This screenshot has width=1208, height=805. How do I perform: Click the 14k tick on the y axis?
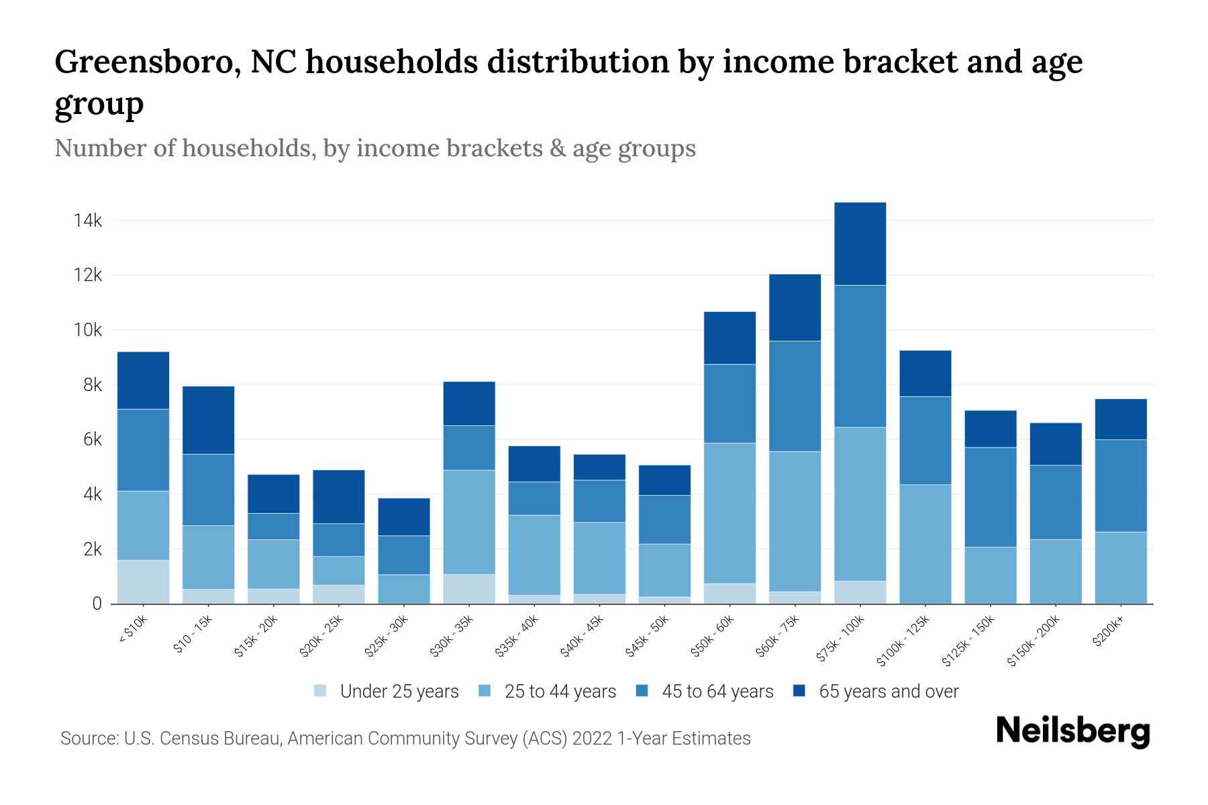point(88,221)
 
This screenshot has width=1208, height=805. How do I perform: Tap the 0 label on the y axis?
point(97,604)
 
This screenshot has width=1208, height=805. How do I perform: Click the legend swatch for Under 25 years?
point(321,690)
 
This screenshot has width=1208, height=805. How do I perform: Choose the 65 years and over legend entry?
point(888,692)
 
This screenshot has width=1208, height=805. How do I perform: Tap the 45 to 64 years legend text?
point(717,692)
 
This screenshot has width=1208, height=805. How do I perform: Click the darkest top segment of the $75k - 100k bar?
point(860,244)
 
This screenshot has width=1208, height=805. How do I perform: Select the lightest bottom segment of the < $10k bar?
point(143,582)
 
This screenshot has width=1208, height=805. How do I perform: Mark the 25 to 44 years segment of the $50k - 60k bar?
point(729,513)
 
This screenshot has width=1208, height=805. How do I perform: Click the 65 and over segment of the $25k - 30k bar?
point(404,517)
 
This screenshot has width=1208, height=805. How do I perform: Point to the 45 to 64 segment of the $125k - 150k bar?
point(990,497)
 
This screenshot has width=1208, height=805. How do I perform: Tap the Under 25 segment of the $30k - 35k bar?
point(469,588)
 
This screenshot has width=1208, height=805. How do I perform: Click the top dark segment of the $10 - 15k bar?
point(208,420)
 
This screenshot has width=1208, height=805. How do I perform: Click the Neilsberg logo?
point(1072,731)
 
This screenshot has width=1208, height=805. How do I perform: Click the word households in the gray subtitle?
point(248,148)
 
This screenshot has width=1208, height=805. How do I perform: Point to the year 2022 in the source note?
point(592,739)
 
